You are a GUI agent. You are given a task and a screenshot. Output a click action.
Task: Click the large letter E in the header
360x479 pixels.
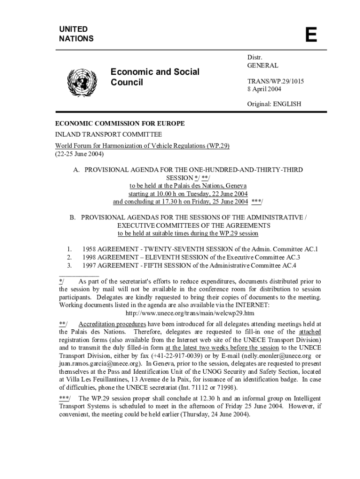coord(311,35)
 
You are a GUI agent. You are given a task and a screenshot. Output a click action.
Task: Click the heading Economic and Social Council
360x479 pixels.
coord(155,77)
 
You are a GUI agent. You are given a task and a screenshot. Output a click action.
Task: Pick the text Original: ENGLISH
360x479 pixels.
coord(274,104)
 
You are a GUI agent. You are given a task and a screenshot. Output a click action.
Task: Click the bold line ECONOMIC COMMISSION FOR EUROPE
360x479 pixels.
coord(120,123)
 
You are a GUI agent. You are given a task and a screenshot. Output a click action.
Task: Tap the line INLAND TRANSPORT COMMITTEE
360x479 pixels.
coord(108,134)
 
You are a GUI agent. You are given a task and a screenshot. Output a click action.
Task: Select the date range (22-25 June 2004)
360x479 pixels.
coord(79,153)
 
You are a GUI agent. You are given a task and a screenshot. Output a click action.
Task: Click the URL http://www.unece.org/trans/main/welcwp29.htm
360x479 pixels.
coord(190,313)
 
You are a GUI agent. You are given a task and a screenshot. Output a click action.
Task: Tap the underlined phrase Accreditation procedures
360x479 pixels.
coord(112,324)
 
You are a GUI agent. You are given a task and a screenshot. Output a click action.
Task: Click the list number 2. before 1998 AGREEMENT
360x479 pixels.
coord(69,257)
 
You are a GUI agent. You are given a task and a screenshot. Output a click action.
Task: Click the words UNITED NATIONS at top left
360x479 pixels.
coord(76,34)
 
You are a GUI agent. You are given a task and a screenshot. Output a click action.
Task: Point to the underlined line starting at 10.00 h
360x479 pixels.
coord(188,194)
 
